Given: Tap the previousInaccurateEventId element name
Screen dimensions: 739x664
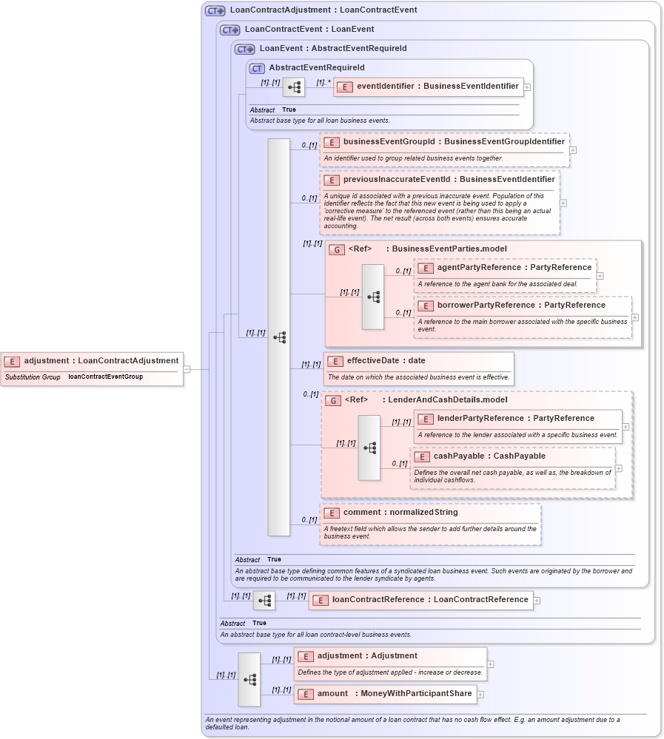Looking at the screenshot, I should point(449,179).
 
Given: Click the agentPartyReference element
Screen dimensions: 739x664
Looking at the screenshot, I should point(514,267).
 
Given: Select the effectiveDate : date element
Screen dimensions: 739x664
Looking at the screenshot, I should point(386,361).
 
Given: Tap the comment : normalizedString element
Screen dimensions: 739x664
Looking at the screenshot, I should point(400,512).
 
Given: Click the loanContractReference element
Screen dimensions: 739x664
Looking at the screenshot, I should point(429,600).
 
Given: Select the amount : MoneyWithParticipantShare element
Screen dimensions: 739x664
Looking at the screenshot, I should point(389,694).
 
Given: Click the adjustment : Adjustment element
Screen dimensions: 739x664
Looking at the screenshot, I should point(366,655).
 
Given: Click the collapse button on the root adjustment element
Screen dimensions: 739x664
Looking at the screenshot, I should point(187,369).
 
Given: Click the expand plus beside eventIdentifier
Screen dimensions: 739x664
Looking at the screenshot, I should point(527,87).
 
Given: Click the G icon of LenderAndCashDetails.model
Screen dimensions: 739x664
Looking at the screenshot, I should point(333,400).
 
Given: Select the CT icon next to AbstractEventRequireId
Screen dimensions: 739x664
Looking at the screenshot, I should point(257,68).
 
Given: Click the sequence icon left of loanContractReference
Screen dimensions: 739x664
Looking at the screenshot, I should point(264,601).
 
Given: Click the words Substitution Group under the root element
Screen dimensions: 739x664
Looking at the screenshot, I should point(33,377).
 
